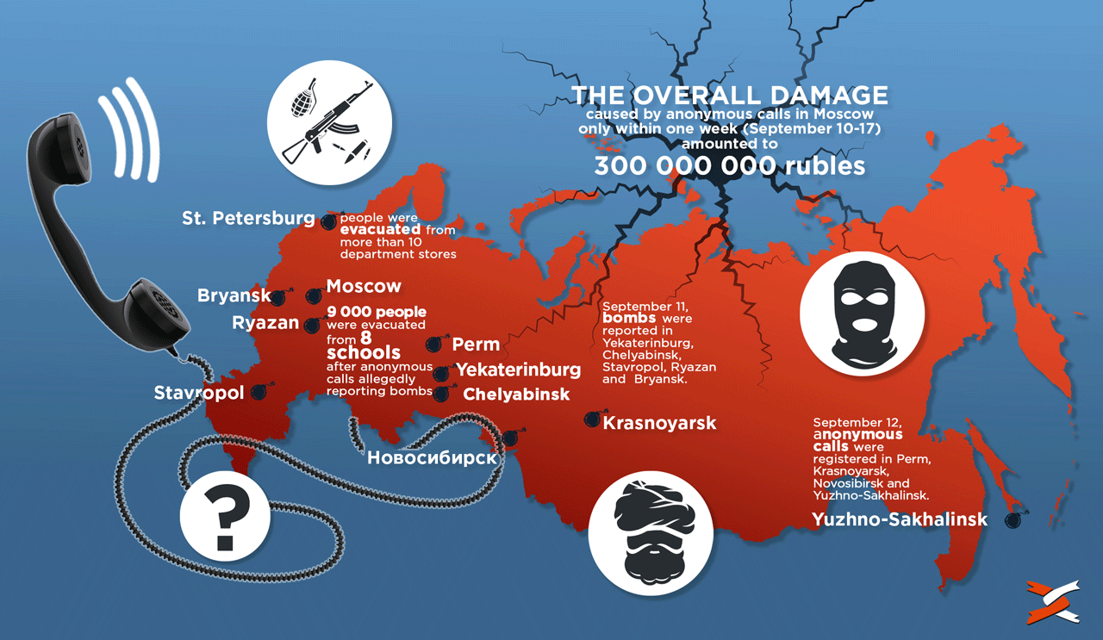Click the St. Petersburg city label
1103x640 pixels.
(x=248, y=218)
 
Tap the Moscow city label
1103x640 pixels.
(x=364, y=286)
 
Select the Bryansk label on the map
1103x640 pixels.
(x=234, y=296)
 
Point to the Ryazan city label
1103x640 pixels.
(x=265, y=324)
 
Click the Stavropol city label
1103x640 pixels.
(x=199, y=394)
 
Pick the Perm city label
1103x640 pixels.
(x=476, y=345)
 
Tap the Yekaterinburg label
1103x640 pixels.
(x=518, y=370)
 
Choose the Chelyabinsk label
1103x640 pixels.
(x=516, y=395)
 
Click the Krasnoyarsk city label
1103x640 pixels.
(x=659, y=424)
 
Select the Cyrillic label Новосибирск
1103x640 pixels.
(x=432, y=457)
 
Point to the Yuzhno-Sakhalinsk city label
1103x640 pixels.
(x=899, y=519)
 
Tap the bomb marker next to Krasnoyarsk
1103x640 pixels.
(x=592, y=419)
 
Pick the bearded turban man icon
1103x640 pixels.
(x=651, y=526)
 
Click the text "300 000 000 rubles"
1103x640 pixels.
(x=729, y=165)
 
